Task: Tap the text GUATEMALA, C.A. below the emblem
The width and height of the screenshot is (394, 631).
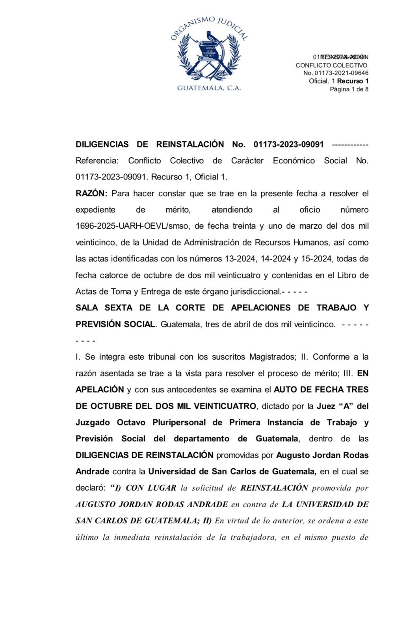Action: pos(209,88)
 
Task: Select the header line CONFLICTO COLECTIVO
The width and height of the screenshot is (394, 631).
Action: pos(331,65)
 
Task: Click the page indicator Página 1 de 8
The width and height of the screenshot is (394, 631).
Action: pos(349,89)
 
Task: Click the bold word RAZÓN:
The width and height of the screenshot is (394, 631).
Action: pos(91,194)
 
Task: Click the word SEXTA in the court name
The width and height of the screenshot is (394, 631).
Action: pos(119,308)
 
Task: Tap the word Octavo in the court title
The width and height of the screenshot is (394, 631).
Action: pos(131,422)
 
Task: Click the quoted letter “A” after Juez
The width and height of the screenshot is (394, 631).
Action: pos(348,406)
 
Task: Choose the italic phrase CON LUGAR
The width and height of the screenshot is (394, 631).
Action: pos(151,488)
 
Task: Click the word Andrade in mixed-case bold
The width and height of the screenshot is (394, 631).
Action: pos(92,471)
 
